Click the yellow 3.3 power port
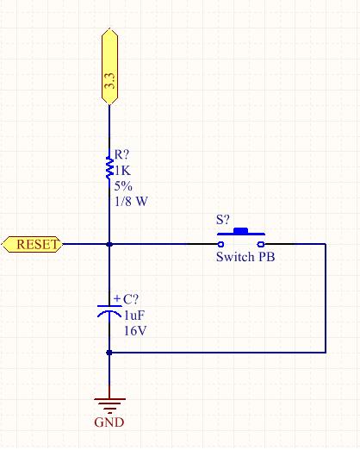[x=109, y=66]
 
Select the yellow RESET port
[x=32, y=244]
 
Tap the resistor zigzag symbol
[x=110, y=168]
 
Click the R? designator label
[x=122, y=154]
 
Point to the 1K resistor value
[x=123, y=171]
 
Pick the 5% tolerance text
[x=123, y=186]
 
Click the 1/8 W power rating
[x=131, y=202]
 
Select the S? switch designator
[x=223, y=220]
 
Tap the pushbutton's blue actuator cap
[x=240, y=230]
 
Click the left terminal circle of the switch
[x=220, y=244]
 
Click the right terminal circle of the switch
[x=261, y=244]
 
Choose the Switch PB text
[x=245, y=257]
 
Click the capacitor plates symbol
[x=109, y=311]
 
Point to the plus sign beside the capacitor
[x=117, y=298]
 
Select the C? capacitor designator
[x=131, y=299]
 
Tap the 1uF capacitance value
[x=134, y=316]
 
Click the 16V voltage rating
[x=135, y=331]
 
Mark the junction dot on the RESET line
[x=109, y=244]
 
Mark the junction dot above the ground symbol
[x=109, y=353]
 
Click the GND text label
[x=109, y=422]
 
